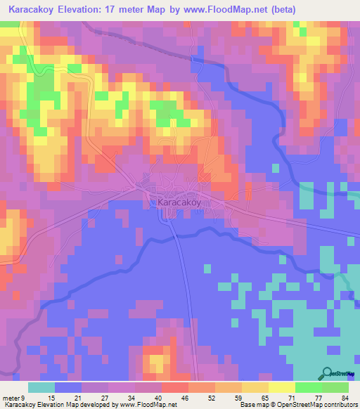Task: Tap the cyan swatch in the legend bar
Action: [41, 387]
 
